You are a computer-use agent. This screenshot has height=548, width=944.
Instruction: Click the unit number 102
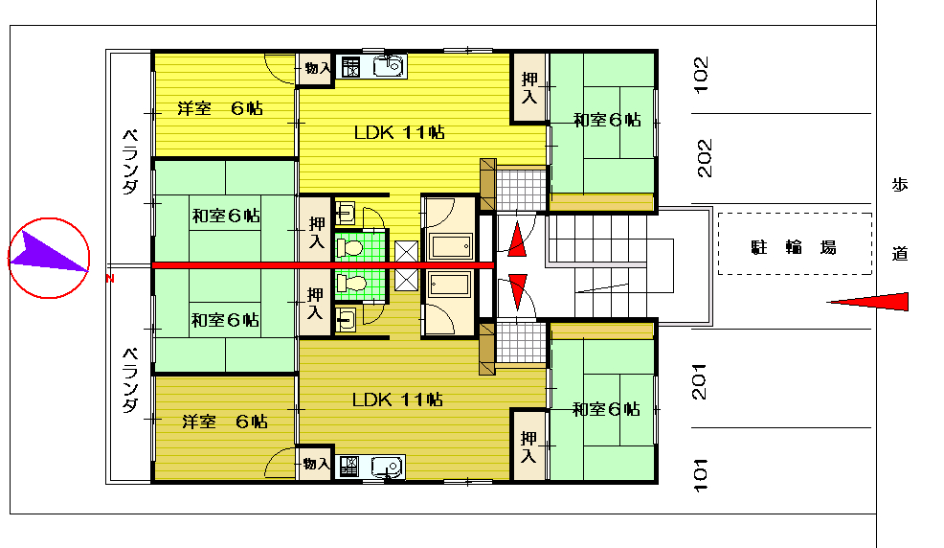(x=702, y=75)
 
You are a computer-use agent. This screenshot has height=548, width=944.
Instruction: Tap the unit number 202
(x=704, y=158)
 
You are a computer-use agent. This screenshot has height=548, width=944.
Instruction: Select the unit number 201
(x=699, y=382)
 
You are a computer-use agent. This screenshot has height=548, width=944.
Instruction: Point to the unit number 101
(x=700, y=475)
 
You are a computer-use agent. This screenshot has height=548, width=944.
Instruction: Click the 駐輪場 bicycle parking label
(x=794, y=247)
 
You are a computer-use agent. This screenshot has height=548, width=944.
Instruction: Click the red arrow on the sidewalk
(x=867, y=301)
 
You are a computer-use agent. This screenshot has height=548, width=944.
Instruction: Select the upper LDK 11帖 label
(x=399, y=132)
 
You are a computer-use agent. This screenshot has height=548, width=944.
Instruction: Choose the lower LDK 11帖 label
(x=398, y=400)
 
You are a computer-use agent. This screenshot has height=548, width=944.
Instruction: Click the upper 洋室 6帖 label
(x=220, y=108)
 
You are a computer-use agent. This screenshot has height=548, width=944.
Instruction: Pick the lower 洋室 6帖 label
(x=225, y=421)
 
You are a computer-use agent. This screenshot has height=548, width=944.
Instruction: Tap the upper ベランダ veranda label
(x=130, y=161)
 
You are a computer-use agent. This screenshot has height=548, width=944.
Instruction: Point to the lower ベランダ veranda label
(x=130, y=380)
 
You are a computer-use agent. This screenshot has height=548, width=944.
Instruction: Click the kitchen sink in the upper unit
(x=389, y=66)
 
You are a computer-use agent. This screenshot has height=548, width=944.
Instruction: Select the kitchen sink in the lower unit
(x=387, y=467)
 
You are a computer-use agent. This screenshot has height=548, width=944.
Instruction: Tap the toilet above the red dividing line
(x=349, y=247)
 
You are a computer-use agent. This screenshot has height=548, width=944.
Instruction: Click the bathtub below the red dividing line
(x=450, y=285)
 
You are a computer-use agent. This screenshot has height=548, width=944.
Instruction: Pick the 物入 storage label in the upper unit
(x=317, y=68)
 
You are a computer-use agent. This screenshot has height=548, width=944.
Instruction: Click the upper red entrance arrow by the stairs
(x=517, y=240)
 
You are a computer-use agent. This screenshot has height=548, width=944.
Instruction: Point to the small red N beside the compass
(x=109, y=278)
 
